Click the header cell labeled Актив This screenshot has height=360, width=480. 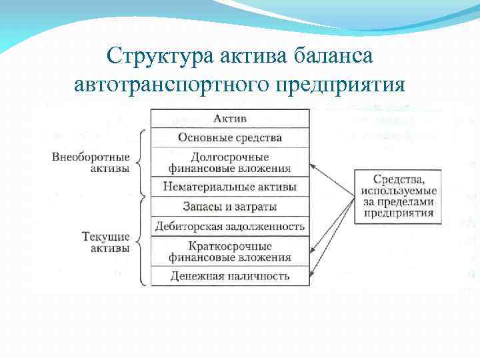click(x=230, y=119)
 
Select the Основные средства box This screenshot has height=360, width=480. click(x=230, y=138)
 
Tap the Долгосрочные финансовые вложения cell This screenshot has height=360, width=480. click(x=230, y=162)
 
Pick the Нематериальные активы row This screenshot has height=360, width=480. click(x=230, y=187)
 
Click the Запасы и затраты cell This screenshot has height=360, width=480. click(x=230, y=206)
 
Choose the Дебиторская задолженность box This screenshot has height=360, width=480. click(x=230, y=226)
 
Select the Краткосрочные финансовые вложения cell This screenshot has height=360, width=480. click(x=230, y=251)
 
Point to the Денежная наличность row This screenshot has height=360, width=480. click(x=230, y=275)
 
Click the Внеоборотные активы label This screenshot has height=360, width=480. click(x=91, y=162)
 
